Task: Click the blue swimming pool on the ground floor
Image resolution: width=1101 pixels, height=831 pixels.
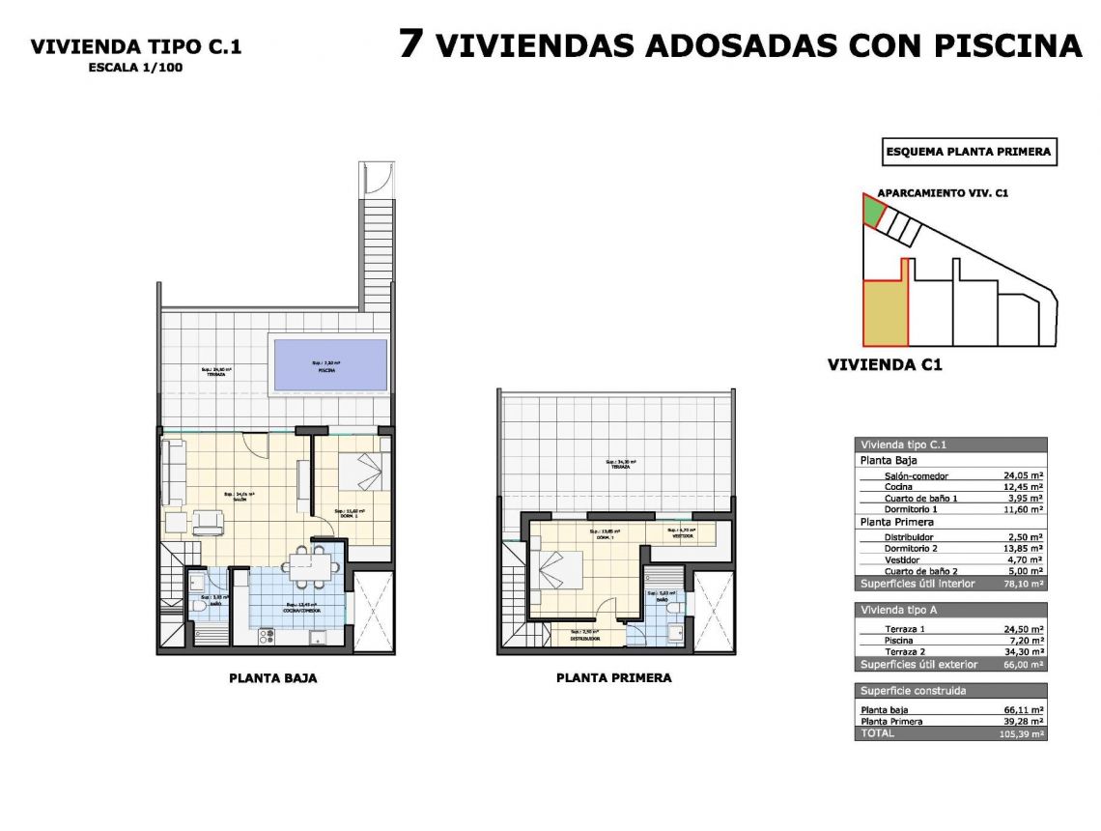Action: pos(329,364)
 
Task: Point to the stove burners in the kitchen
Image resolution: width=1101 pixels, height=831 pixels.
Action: pos(266,635)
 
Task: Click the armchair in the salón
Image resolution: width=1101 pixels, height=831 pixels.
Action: pos(209,523)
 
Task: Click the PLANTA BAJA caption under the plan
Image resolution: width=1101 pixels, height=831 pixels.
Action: pos(272,678)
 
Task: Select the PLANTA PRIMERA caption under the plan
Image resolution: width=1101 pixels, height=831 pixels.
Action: pos(613,678)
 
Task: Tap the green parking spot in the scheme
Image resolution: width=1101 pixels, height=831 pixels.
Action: pos(873,211)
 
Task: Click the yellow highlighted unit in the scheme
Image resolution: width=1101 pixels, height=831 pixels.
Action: pos(885,312)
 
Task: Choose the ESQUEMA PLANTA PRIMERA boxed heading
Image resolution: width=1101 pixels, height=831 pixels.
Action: pos(969,152)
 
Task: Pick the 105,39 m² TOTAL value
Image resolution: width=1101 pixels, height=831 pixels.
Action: pos(1023,733)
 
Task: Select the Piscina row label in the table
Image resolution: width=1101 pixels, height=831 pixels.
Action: pos(899,641)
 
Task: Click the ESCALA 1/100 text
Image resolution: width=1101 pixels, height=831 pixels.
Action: pos(135,68)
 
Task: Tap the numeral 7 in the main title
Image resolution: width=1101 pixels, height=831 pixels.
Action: pos(410,44)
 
